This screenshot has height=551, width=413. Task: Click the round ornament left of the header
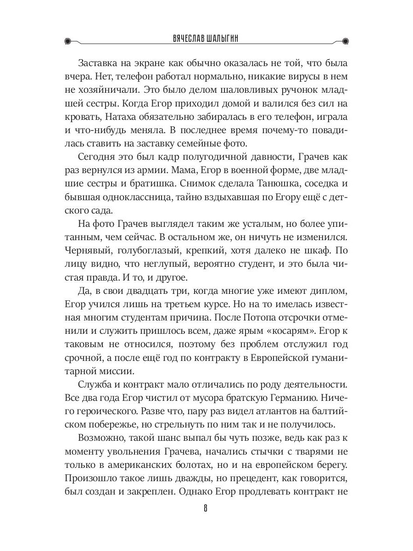(69, 41)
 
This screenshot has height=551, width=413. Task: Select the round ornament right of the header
(345, 41)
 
